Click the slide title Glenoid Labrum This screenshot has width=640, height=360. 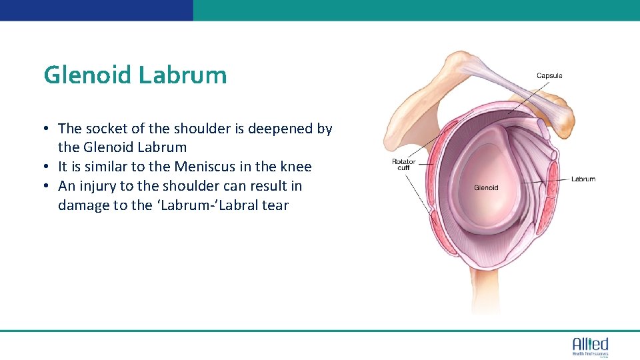tap(135, 75)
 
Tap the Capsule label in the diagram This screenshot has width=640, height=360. tap(549, 75)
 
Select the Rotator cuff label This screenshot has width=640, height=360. tap(403, 164)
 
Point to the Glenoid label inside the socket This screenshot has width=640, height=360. tap(486, 188)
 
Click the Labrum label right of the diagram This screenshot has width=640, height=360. tap(583, 179)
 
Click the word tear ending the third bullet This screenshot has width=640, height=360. tap(275, 205)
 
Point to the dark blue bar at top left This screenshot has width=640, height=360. tap(97, 10)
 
